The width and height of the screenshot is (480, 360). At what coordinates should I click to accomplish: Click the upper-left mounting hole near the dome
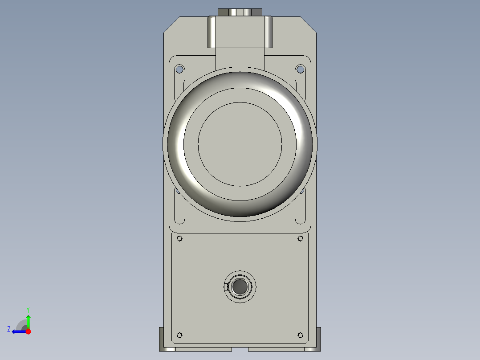coord(179,70)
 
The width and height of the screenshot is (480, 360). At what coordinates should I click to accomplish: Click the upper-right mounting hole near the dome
coord(300,70)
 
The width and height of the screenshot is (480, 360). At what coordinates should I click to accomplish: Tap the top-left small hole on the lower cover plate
coord(180,239)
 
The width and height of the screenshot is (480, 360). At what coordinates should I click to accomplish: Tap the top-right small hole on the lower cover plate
coord(300,239)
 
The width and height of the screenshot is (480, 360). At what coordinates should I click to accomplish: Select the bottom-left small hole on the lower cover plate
coord(180,335)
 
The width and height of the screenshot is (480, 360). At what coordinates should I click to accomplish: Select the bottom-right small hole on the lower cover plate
coord(300,335)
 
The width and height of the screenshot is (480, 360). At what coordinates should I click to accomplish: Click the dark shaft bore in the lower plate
coord(240,287)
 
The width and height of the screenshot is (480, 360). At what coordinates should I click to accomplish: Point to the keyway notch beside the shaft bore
coord(226,287)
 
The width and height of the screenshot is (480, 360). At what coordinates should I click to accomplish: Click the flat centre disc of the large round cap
coord(240,144)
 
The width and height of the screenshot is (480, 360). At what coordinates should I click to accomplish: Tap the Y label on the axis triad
coord(28,309)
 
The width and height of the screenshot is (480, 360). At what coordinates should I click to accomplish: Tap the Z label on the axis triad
coord(9,329)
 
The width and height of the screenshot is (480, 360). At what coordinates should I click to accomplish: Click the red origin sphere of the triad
coord(28,331)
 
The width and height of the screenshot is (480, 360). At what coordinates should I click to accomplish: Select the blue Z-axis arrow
coord(18,331)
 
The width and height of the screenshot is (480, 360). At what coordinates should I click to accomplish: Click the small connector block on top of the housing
coord(240,12)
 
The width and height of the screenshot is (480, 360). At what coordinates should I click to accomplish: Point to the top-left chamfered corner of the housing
coord(171,24)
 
